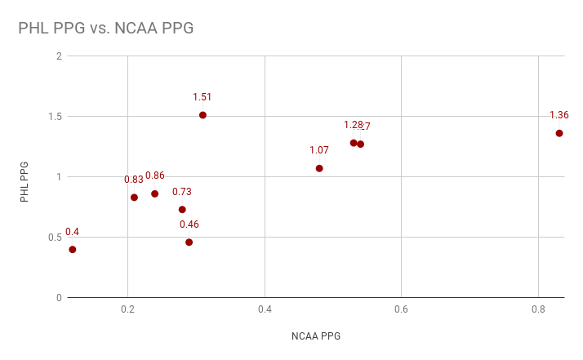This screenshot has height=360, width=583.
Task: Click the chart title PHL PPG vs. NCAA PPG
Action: [106, 28]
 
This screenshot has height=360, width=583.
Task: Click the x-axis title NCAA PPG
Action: [315, 336]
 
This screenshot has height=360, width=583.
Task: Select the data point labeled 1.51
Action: [202, 115]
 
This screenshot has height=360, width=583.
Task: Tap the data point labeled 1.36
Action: [559, 133]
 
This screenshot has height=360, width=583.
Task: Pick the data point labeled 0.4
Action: [73, 250]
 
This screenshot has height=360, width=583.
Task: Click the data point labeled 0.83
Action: [134, 198]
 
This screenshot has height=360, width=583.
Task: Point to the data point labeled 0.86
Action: [154, 193]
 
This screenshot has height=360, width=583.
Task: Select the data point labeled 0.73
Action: [182, 210]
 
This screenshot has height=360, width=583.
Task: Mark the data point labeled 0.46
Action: [189, 242]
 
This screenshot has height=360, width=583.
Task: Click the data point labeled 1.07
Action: [319, 168]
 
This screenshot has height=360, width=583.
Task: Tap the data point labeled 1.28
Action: [354, 143]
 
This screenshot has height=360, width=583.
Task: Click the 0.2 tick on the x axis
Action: [127, 310]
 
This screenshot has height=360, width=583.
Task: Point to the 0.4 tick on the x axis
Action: [265, 310]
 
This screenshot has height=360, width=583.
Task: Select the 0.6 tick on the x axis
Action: [401, 310]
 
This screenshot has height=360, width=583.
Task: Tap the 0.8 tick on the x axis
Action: [538, 310]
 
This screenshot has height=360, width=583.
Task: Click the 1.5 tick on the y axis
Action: [56, 117]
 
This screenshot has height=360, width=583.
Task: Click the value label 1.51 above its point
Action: [202, 97]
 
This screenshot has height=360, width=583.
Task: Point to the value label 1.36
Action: [559, 115]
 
